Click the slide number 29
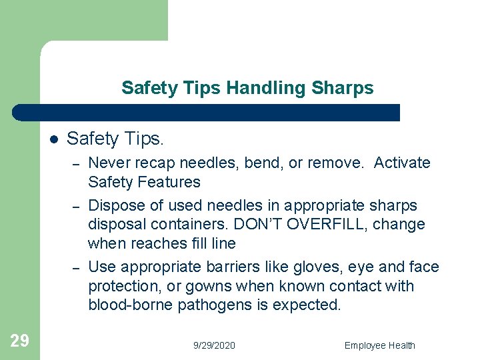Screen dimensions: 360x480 (x=20, y=341)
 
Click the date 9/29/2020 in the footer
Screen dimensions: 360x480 (x=214, y=345)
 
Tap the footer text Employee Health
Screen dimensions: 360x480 (x=379, y=345)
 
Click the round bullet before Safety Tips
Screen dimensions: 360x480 (x=53, y=139)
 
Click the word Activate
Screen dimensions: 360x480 (x=402, y=163)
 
